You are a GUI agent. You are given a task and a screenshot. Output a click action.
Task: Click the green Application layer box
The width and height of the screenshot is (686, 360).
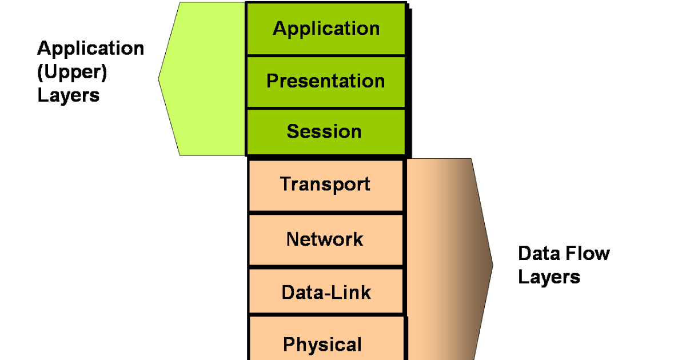(x=326, y=29)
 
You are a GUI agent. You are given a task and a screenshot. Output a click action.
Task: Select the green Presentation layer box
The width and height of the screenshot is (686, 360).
(x=326, y=81)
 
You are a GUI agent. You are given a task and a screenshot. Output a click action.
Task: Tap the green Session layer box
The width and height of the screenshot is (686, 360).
(x=326, y=131)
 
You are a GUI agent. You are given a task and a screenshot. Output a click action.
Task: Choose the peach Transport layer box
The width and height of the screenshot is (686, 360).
(x=326, y=185)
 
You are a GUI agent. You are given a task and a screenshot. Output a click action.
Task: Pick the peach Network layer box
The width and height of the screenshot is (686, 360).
(x=326, y=239)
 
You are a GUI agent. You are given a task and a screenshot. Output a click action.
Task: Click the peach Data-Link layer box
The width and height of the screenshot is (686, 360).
(x=326, y=293)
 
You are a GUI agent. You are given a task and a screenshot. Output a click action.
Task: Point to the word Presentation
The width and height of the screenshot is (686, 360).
(x=326, y=81)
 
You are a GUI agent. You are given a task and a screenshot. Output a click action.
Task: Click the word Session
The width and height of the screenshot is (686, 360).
(x=324, y=131)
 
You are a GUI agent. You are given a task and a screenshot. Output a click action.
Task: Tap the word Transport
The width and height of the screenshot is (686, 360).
(x=325, y=185)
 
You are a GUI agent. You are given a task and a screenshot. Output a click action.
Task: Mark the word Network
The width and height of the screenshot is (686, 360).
(x=325, y=239)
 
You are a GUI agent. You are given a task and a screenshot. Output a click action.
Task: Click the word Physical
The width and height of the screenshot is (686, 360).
(x=322, y=345)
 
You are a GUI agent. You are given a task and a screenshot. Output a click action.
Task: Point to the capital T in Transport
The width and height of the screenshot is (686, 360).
(x=285, y=184)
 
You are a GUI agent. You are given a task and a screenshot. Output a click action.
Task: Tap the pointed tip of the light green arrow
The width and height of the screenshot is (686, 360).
(x=159, y=79)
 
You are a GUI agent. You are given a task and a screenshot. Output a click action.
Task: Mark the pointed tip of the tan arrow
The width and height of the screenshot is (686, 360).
(x=492, y=264)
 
